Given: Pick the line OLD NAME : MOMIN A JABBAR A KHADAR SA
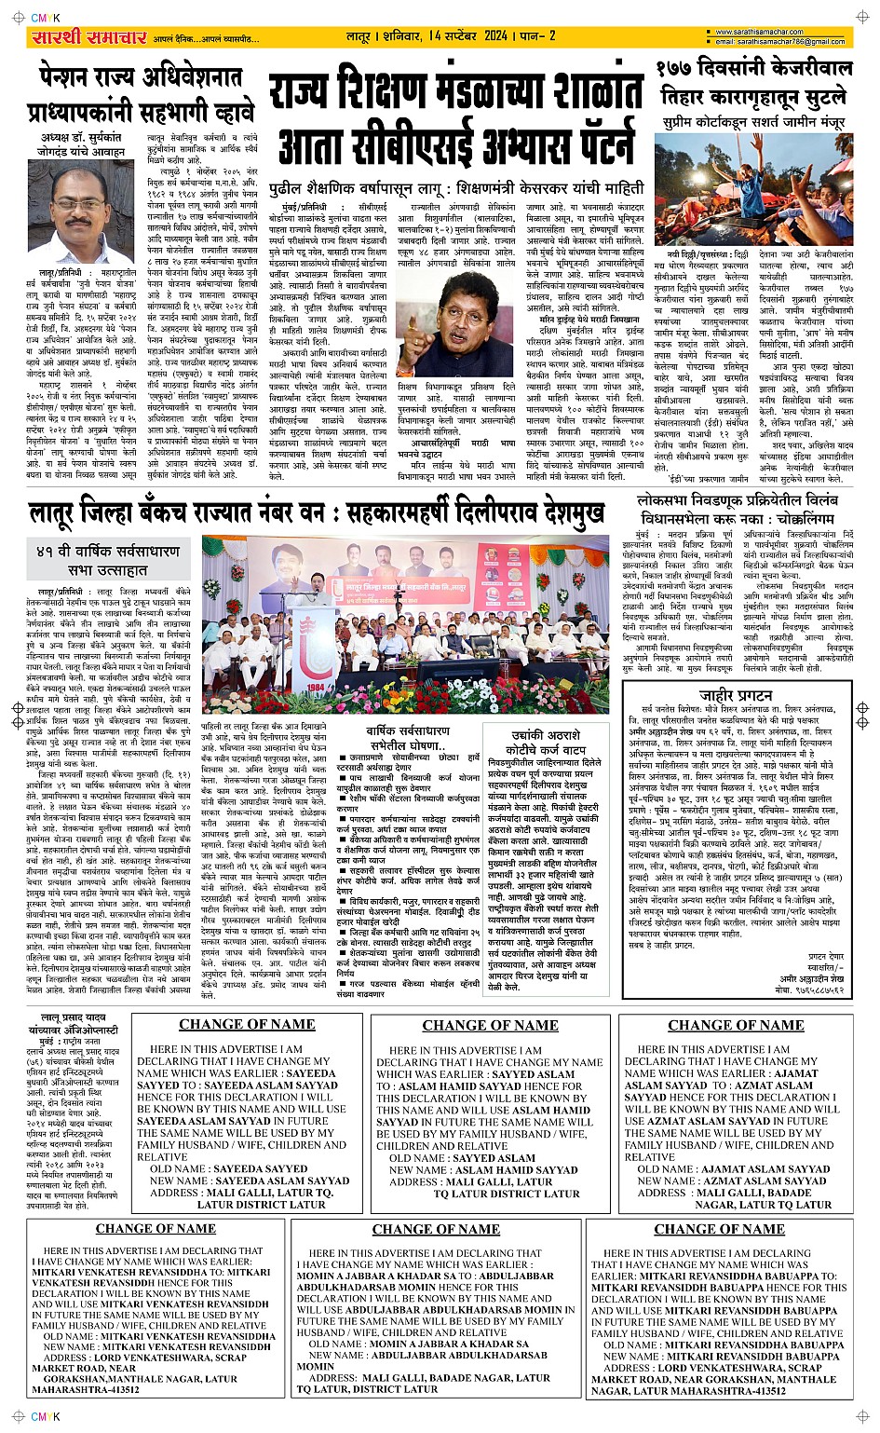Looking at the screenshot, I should [418, 1344].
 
